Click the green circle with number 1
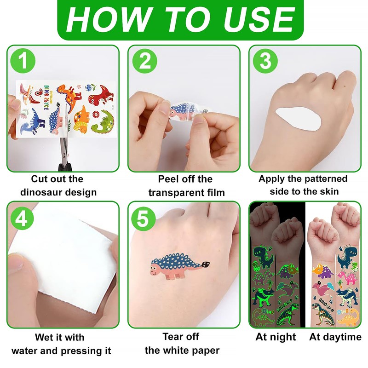pos(23,61)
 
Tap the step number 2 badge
pos(144,61)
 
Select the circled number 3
pos(265,61)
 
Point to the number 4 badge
pos(22,219)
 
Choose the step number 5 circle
pos(143,219)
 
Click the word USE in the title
pos(259,19)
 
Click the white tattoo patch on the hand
pos(299,119)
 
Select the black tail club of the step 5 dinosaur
pos(206,264)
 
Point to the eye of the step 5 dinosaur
pos(154,267)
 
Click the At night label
pos(276,337)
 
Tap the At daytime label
pos(335,337)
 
